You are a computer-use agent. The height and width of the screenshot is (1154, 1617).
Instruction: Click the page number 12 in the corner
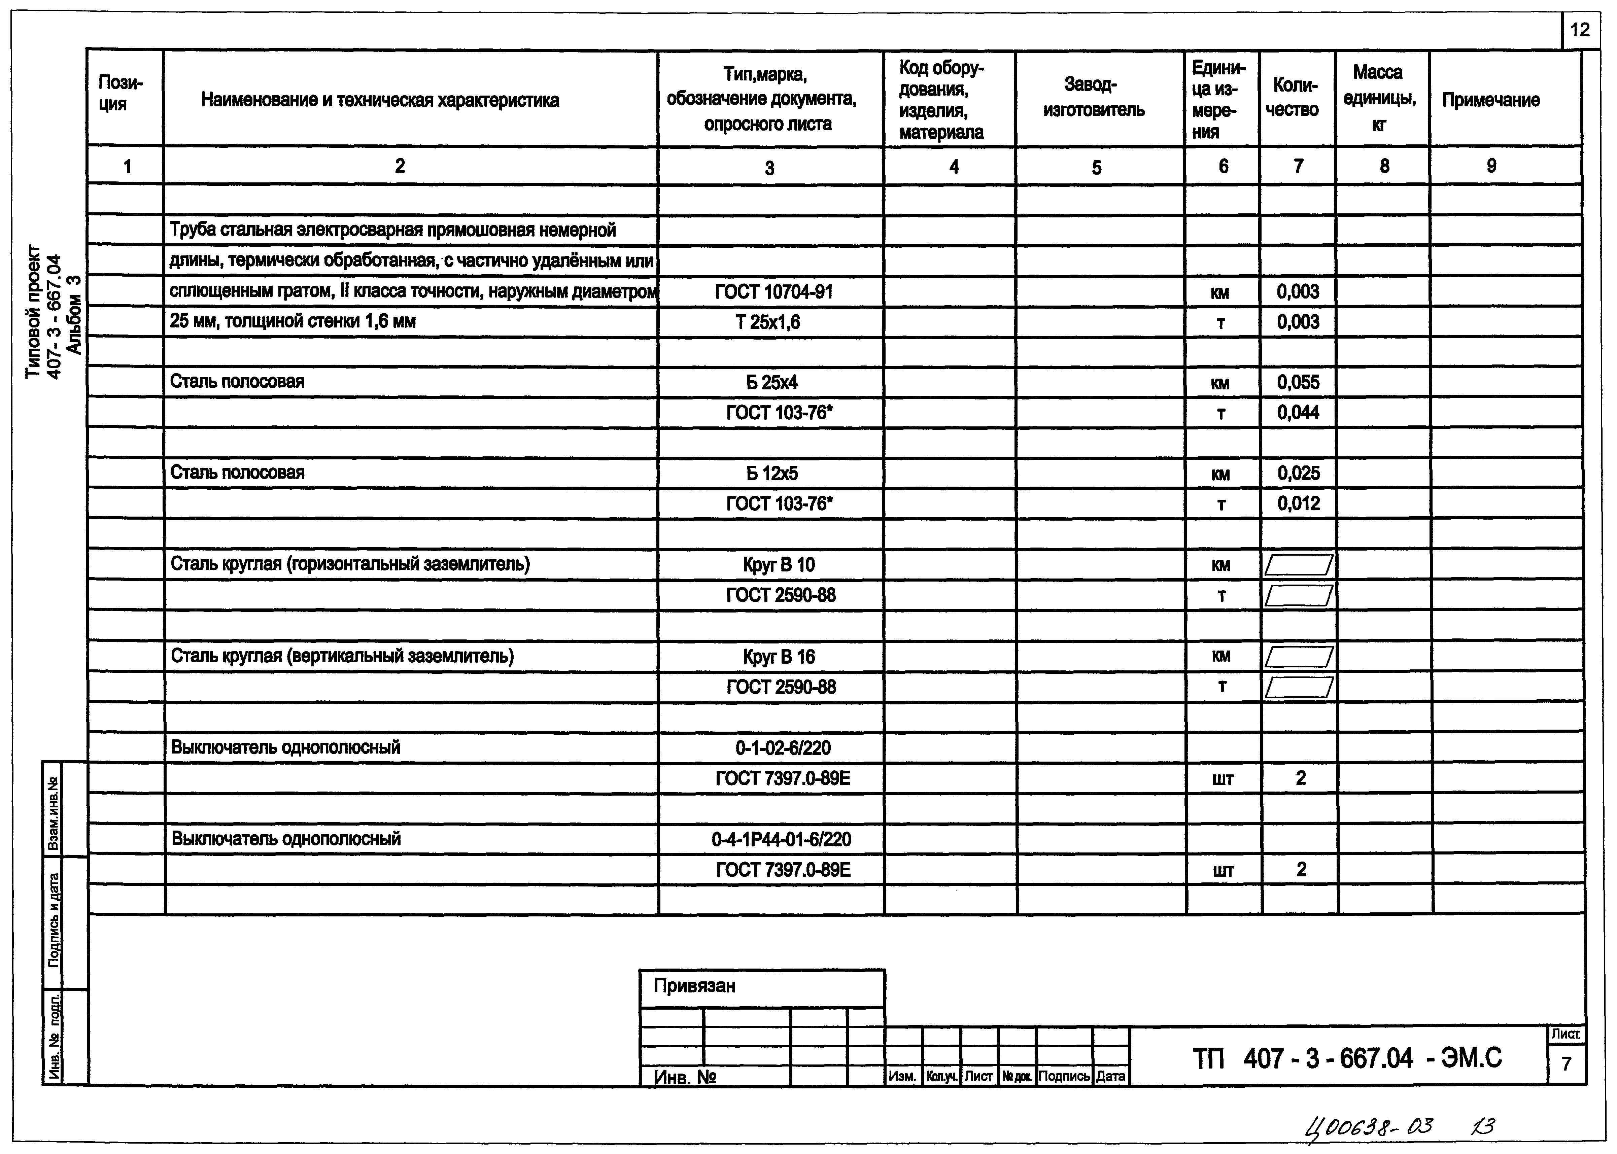pyautogui.click(x=1580, y=31)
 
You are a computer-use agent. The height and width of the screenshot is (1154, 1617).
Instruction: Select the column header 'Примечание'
pyautogui.click(x=1490, y=100)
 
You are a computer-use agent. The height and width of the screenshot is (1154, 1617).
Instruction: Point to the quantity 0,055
pyautogui.click(x=1298, y=382)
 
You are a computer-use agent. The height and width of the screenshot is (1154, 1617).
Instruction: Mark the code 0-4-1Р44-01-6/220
pyautogui.click(x=781, y=839)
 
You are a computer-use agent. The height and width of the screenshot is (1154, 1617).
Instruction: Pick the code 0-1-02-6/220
pyautogui.click(x=783, y=747)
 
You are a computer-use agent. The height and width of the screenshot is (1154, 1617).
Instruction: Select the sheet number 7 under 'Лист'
pyautogui.click(x=1566, y=1064)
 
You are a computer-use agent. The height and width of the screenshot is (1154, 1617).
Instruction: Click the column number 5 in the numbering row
pyautogui.click(x=1097, y=168)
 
